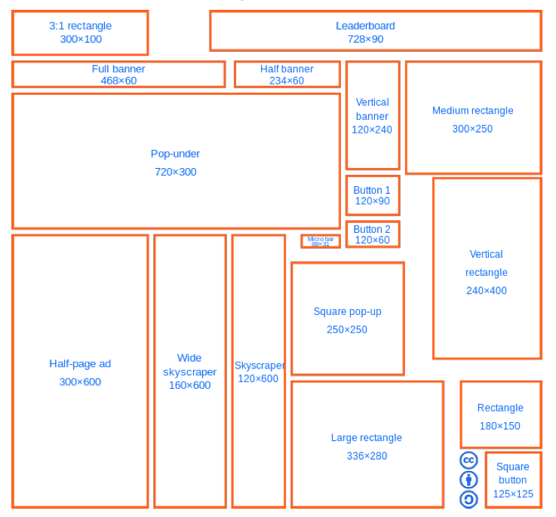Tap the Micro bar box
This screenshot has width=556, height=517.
[321, 241]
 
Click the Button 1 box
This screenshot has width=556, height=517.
[373, 196]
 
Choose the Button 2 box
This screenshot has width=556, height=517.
[373, 234]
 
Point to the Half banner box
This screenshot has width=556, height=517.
[287, 75]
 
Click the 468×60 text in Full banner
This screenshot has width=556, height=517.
[118, 81]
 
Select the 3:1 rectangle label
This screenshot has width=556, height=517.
[80, 26]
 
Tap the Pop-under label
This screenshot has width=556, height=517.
[175, 154]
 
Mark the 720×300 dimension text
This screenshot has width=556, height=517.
[175, 172]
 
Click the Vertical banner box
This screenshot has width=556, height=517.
[373, 115]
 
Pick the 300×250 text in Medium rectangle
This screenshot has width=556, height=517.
[472, 129]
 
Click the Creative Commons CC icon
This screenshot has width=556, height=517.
[468, 460]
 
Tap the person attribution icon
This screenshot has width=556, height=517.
[468, 479]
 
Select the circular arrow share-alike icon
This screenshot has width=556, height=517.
[468, 499]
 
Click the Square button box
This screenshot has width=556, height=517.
[513, 480]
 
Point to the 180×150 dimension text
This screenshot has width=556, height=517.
[499, 426]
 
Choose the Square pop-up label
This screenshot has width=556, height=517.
[347, 311]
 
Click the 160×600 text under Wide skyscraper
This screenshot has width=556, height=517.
[189, 385]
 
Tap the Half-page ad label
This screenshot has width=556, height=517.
[80, 364]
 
